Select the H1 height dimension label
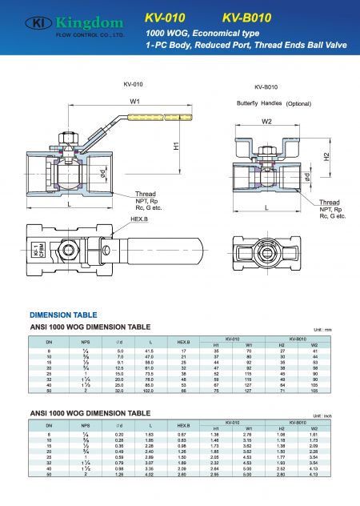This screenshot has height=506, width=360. [175, 147]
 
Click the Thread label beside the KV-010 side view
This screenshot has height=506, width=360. [123, 194]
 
